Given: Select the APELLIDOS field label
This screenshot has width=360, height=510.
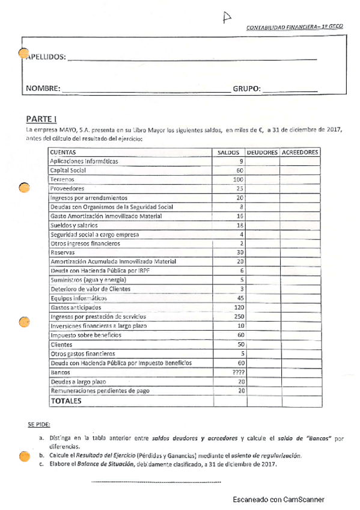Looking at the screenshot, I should click(46, 57).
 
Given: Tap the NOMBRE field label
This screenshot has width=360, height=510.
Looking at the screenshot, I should click(43, 88).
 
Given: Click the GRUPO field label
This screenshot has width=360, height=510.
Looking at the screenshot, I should click(246, 88).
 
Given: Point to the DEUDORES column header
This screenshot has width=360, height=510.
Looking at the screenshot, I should click(262, 153).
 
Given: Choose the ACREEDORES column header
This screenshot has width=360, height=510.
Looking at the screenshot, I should click(299, 153).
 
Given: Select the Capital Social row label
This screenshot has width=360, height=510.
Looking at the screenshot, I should click(68, 170).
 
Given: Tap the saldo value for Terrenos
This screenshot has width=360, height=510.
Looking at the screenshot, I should click(237, 179).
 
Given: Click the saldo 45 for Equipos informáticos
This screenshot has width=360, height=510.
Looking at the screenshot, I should click(239, 298).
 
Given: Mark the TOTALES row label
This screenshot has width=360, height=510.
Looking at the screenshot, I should click(66, 401).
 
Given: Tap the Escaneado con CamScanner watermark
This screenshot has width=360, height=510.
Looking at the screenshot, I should click(279, 500).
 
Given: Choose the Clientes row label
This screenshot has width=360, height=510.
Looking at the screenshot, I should click(61, 345).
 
